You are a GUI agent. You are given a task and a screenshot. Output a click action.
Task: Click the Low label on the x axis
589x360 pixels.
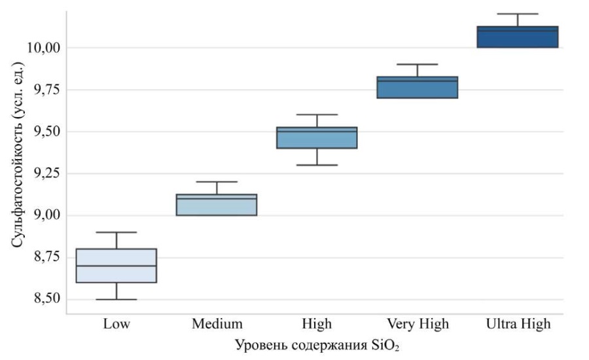116,324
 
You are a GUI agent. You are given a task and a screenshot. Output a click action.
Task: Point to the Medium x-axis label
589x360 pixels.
217,324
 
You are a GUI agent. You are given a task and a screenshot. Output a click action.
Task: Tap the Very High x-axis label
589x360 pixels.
418,324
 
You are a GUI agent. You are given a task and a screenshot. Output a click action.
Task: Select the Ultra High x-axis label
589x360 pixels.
518,324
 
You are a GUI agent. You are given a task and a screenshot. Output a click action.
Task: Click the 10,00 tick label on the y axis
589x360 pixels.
43,48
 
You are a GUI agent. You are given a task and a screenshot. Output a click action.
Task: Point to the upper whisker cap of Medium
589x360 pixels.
217,181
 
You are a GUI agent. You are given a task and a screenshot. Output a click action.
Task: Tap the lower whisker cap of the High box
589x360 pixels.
317,165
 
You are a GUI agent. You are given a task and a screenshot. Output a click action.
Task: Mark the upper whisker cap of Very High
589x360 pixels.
417,64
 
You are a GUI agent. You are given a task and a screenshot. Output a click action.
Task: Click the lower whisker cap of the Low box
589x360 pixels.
116,299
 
